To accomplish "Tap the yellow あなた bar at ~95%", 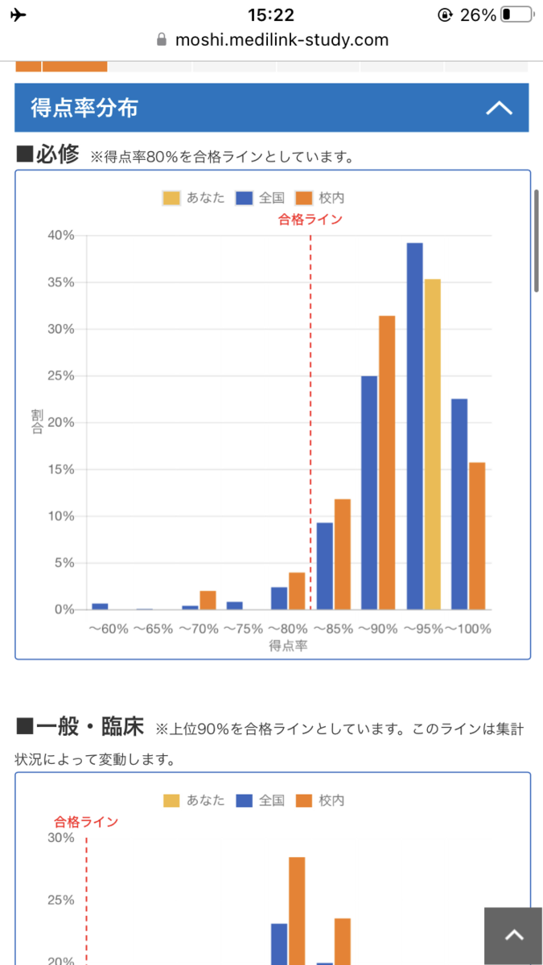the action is point(432,444).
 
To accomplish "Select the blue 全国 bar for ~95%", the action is point(414,426).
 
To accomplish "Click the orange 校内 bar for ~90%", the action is point(387,462).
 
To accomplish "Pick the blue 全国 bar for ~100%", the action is point(459,504).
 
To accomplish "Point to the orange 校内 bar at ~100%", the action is point(477,536).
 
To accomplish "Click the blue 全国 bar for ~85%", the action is point(325,566).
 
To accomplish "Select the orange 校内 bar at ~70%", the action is point(208,600).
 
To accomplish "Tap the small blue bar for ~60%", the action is point(100,606).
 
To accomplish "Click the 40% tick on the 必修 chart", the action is point(61,235).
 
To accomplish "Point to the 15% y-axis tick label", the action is point(61,469).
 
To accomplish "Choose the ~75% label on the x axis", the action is point(244,629).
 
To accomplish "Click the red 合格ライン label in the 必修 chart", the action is point(311,220).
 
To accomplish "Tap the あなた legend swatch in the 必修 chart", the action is point(171,198).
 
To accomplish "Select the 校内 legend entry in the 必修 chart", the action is point(320,198).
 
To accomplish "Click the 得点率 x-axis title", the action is point(288,645).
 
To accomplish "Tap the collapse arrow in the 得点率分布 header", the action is point(499,108).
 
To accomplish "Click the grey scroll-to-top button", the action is point(513,936).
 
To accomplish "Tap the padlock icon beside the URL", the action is point(162,39).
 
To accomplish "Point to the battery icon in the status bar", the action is point(517,14).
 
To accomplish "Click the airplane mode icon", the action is point(18,15).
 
